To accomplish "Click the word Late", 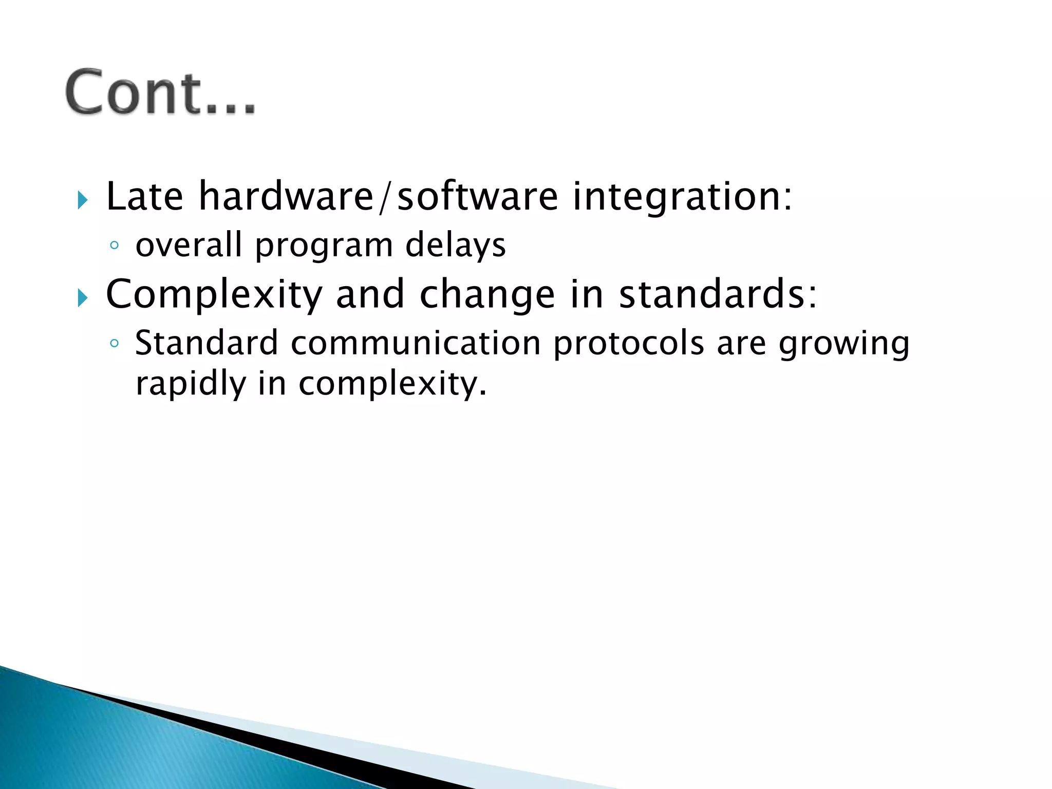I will pyautogui.click(x=144, y=197).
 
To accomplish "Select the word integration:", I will pyautogui.click(x=682, y=197).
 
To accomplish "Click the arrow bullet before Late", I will pyautogui.click(x=82, y=200).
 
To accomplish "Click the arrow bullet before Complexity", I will pyautogui.click(x=82, y=297).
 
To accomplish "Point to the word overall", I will pyautogui.click(x=189, y=245).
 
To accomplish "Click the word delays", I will pyautogui.click(x=455, y=246).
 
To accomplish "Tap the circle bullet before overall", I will pyautogui.click(x=115, y=246).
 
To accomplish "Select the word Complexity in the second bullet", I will pyautogui.click(x=214, y=295).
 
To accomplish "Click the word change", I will pyautogui.click(x=487, y=295).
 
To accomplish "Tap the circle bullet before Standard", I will pyautogui.click(x=115, y=343).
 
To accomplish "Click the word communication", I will pyautogui.click(x=416, y=343).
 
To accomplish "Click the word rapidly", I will pyautogui.click(x=191, y=384).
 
